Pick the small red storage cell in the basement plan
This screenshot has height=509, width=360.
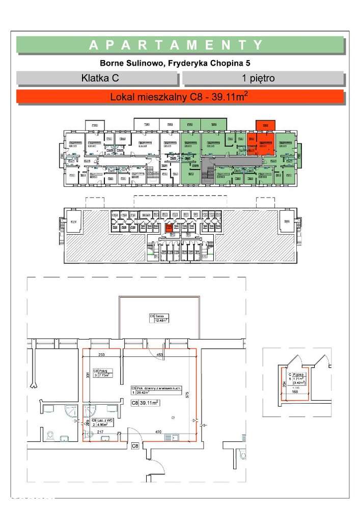coord(168,228)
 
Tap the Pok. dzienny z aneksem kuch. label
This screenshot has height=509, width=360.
coord(153,389)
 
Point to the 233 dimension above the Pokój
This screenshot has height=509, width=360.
coord(101,355)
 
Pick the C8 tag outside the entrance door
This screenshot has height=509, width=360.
coord(135,446)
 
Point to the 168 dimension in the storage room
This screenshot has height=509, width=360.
coord(295,392)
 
